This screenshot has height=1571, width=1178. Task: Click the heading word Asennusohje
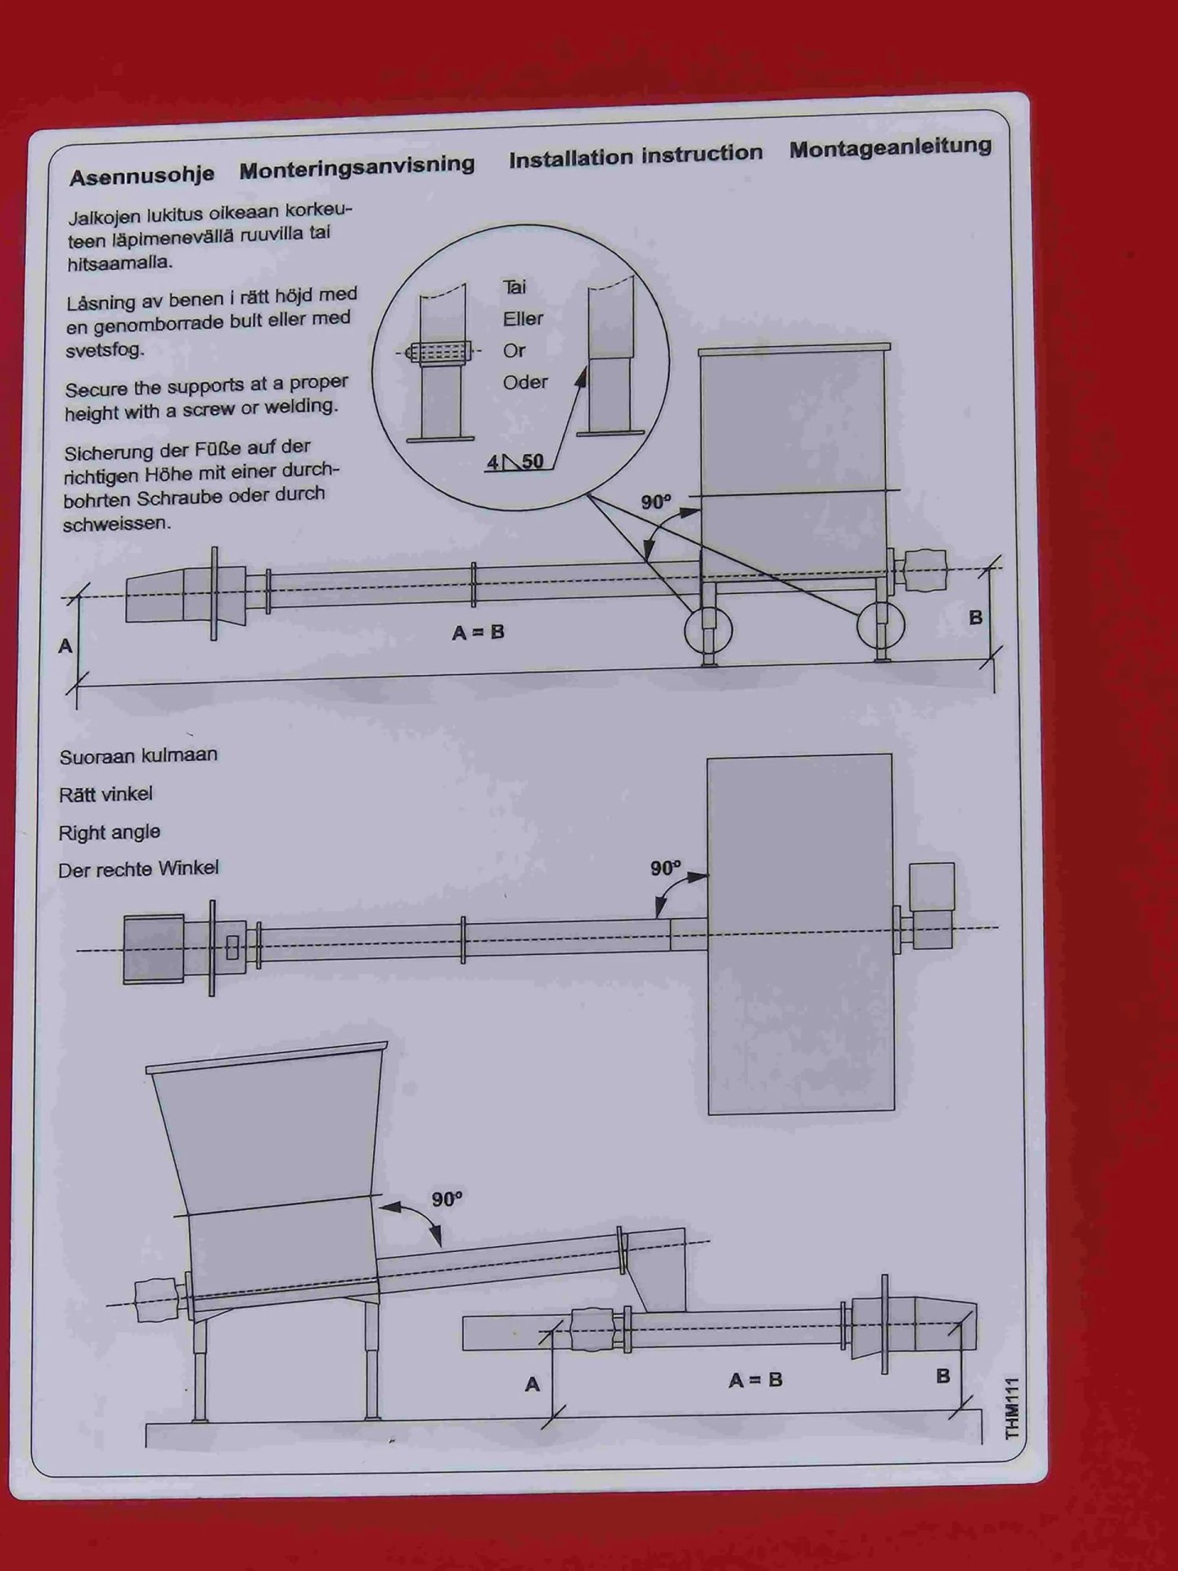click(142, 176)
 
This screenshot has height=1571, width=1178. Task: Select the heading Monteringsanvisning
click(357, 168)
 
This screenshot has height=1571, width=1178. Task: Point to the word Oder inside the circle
click(525, 382)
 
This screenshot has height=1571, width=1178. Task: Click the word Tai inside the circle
click(515, 286)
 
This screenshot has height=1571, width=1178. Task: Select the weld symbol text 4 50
click(515, 461)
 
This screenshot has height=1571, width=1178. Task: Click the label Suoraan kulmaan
click(138, 755)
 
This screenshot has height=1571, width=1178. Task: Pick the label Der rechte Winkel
click(138, 869)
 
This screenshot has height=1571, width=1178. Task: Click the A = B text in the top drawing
click(478, 632)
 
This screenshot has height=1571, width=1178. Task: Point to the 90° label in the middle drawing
click(665, 867)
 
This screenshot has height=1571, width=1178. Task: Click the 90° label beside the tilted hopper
click(447, 1200)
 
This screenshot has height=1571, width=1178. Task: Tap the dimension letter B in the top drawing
click(975, 618)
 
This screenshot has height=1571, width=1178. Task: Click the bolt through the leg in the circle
click(442, 352)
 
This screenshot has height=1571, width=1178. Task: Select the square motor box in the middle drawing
click(932, 886)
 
